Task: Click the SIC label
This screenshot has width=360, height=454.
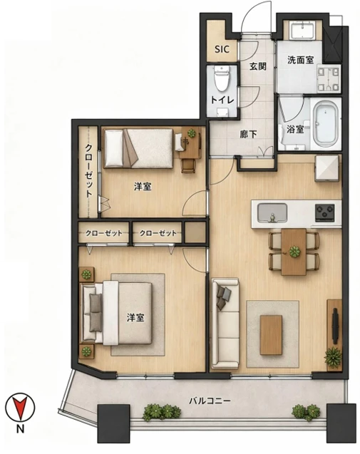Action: pos(222,49)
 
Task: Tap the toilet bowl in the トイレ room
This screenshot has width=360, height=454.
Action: pos(222,78)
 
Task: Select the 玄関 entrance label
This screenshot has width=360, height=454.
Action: pos(258,66)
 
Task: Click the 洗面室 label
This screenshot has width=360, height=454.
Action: pos(300,60)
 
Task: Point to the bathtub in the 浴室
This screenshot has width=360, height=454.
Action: pos(326,123)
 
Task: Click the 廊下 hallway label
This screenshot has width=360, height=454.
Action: pos(248,134)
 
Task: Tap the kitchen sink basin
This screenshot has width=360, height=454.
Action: pos(272,213)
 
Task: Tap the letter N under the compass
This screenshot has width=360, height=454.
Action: pos(20,429)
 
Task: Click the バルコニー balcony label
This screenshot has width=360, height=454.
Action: pos(210,401)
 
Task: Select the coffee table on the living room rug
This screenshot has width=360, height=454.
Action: pos(271,335)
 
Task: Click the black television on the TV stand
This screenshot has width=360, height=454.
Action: pos(335,326)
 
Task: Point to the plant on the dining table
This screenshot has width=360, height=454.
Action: pos(294,252)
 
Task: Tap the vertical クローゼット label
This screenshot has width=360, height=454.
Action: pos(88,171)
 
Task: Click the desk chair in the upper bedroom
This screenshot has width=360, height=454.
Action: pos(188,166)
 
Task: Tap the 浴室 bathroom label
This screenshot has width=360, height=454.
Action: pos(295,129)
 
